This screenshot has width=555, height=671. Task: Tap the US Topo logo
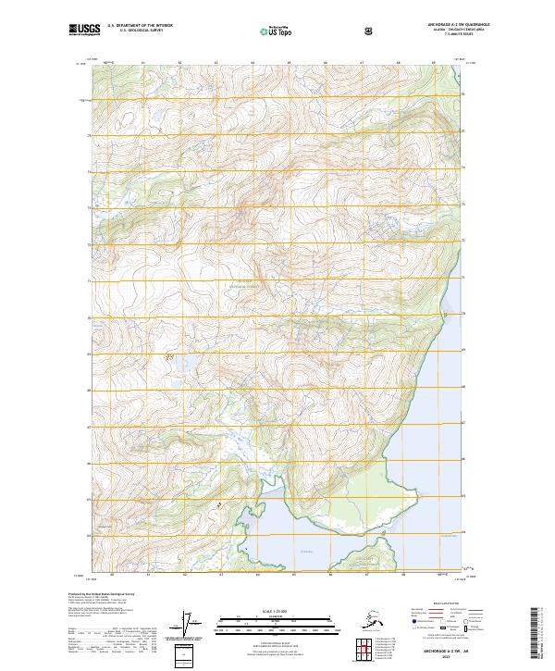(286, 31)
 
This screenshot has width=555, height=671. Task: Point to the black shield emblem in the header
(370, 31)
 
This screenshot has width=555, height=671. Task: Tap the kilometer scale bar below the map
(277, 621)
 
